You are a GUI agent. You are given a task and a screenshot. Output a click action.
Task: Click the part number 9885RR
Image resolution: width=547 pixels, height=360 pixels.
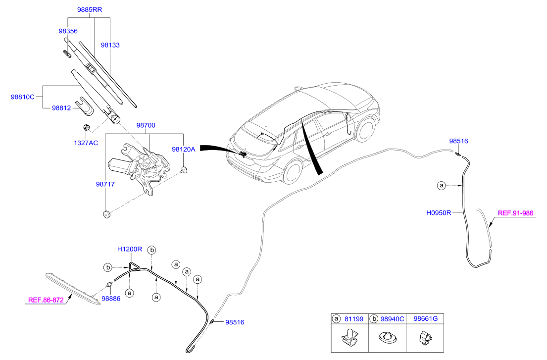[90, 10]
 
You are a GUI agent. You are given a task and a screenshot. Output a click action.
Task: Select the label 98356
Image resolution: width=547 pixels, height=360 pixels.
[68, 31]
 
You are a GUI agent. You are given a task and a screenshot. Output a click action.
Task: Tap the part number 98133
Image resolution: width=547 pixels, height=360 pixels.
[110, 45]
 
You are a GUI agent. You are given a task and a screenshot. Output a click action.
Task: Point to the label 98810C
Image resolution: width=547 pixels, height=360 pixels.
[23, 97]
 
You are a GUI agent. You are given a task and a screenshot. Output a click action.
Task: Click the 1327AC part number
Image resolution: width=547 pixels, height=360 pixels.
[86, 143]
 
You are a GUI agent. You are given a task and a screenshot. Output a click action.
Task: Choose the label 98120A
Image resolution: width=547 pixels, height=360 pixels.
[184, 150]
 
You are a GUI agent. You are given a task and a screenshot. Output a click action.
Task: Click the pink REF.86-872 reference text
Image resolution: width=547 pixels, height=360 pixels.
[46, 300]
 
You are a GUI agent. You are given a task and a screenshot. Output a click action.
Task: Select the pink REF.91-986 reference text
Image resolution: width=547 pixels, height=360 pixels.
[515, 213]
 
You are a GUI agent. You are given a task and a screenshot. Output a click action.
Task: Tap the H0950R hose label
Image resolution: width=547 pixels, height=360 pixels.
[439, 212]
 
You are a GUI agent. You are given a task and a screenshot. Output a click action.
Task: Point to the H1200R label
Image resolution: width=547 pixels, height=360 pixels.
[130, 249]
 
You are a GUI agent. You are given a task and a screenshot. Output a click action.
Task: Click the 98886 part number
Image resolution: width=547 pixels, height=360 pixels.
[111, 299]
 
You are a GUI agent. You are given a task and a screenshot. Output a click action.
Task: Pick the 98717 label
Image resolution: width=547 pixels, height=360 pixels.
[105, 184]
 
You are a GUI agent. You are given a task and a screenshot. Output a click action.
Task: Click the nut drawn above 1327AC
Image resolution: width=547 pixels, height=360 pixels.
[87, 128]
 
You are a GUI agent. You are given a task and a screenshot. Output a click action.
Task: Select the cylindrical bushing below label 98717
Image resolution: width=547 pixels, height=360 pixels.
[107, 214]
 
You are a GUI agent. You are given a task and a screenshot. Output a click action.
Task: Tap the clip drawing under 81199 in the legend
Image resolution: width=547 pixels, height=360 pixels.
[350, 338]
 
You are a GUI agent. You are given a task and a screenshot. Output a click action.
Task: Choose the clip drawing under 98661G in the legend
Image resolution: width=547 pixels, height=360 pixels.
[425, 337]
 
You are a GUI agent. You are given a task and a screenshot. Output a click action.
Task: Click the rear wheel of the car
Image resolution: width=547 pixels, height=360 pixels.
[293, 173]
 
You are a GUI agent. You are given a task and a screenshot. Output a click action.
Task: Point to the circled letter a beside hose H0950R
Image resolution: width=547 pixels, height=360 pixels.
[442, 186]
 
